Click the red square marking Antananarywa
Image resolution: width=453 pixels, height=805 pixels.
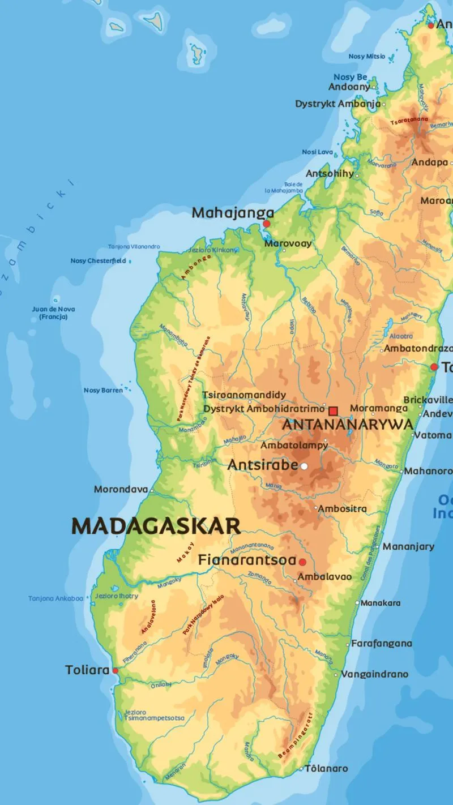(x=334, y=410)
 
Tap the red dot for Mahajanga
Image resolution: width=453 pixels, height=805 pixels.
(x=267, y=224)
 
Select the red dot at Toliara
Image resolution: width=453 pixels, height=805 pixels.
(x=116, y=671)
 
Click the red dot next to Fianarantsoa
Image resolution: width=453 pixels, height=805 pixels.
(x=302, y=562)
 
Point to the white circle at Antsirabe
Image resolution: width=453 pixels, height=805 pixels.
(x=304, y=466)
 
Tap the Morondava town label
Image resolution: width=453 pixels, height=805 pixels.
(x=121, y=489)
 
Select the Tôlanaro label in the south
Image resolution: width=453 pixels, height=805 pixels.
(x=327, y=768)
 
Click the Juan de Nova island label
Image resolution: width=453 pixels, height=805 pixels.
(x=53, y=313)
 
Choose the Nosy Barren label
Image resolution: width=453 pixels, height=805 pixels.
(x=103, y=390)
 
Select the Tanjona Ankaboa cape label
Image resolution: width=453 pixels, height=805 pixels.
(x=55, y=598)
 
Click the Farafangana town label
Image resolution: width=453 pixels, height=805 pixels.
(x=382, y=644)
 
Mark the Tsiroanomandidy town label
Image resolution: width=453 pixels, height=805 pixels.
(x=245, y=395)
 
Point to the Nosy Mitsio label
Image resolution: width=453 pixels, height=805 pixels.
(x=367, y=57)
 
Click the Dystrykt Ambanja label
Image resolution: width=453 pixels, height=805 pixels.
(x=337, y=104)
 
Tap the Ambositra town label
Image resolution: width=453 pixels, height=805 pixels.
(x=342, y=509)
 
